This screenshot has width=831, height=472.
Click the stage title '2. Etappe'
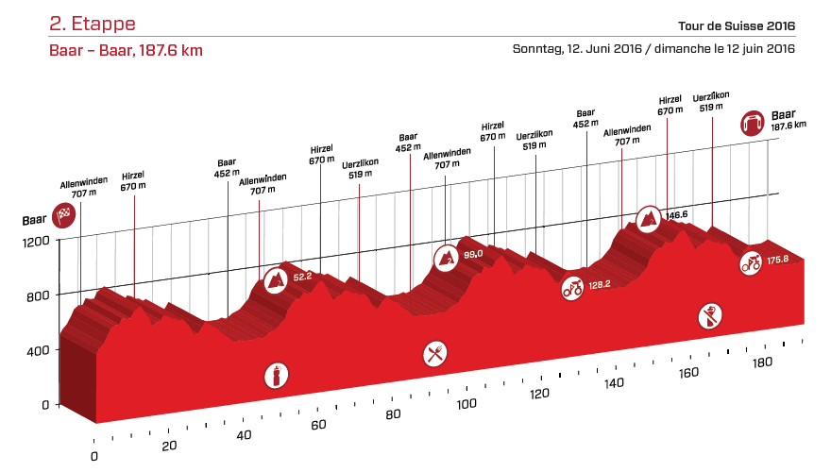click(x=93, y=24)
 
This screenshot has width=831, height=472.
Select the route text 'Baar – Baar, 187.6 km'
click(x=127, y=50)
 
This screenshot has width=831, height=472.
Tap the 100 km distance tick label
click(x=466, y=405)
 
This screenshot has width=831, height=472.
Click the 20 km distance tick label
click(x=169, y=447)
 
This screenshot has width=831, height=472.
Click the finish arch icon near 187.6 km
click(x=753, y=123)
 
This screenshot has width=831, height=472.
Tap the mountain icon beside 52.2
click(x=276, y=278)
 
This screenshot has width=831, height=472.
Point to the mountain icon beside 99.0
click(x=445, y=256)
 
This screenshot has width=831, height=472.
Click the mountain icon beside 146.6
click(x=649, y=219)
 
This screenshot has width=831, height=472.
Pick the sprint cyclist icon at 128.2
click(x=572, y=287)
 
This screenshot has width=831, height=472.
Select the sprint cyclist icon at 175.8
click(x=751, y=262)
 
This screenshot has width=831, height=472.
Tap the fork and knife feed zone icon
click(x=435, y=354)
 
